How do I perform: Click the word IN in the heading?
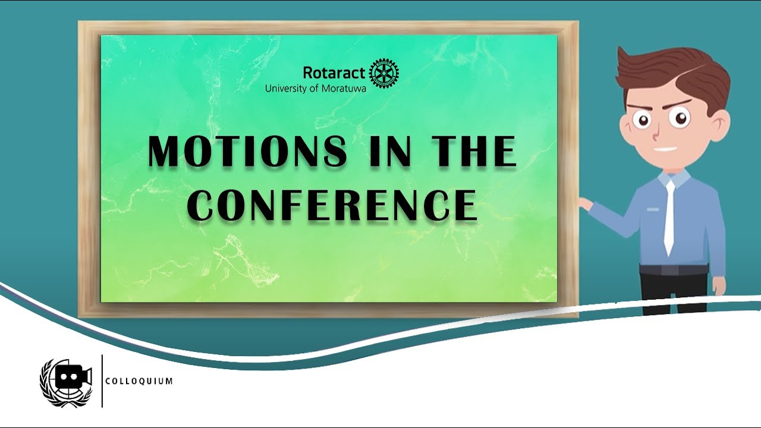pos(390,151)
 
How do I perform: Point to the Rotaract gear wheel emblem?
pos(384,74)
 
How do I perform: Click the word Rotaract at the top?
pos(334,73)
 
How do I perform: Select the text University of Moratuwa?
pos(315,89)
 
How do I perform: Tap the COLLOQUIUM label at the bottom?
pos(139,381)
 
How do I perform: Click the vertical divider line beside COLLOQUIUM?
pos(102,381)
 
